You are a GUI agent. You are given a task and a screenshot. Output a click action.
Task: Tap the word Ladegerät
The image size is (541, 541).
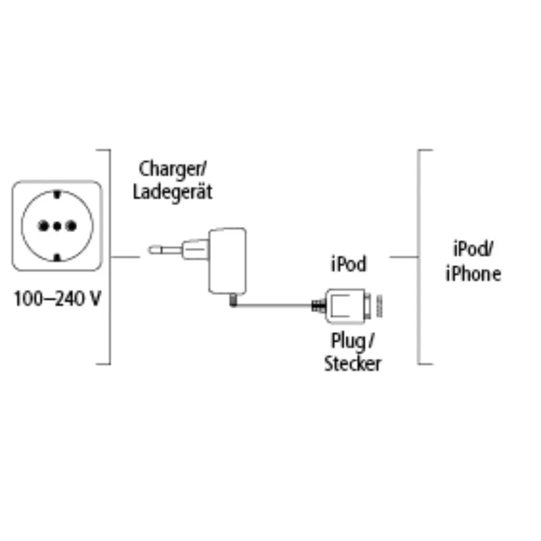click(173, 192)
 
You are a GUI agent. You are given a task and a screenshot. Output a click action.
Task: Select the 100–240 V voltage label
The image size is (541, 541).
click(57, 299)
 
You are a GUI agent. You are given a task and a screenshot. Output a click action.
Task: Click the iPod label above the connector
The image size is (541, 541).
click(349, 264)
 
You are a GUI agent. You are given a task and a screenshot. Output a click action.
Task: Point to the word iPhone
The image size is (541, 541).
click(473, 274)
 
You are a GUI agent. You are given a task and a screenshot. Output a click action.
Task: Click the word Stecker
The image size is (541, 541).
click(352, 363)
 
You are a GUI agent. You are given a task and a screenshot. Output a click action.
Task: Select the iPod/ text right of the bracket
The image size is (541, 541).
click(473, 249)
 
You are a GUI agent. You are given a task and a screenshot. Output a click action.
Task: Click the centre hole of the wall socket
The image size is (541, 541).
click(57, 226)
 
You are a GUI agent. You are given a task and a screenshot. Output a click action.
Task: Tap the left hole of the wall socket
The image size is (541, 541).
click(43, 226)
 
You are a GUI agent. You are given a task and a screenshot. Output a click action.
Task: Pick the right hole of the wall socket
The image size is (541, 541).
click(71, 226)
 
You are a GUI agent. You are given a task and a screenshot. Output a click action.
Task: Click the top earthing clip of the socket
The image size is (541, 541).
click(57, 194)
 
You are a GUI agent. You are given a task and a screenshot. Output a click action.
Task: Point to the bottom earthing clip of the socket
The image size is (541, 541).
click(57, 258)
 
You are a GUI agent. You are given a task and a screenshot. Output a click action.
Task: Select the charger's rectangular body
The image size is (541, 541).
click(227, 261)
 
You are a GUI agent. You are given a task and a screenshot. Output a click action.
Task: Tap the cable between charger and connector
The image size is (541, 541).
click(274, 305)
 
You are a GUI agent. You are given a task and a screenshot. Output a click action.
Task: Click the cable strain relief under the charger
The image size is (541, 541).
click(234, 300)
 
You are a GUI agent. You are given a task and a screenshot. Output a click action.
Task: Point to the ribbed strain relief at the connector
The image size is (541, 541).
click(319, 306)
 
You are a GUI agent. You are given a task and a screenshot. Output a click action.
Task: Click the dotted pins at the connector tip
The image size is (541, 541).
click(379, 306)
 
